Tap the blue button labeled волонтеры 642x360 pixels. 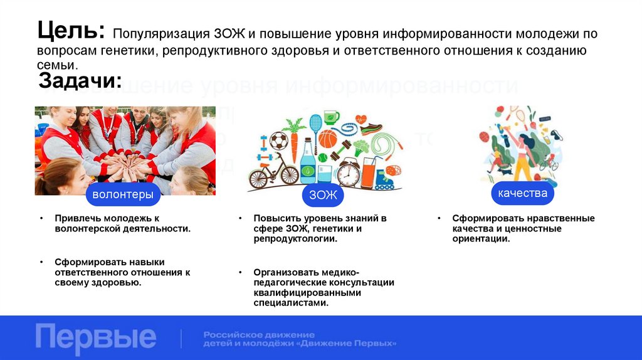(123, 194)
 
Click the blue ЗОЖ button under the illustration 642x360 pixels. (323, 195)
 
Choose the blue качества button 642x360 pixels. (522, 193)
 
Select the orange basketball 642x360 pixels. (327, 138)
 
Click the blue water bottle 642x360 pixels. (308, 161)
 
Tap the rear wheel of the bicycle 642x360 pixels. (258, 179)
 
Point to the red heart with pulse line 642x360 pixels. (361, 119)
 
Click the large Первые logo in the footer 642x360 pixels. (95, 337)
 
